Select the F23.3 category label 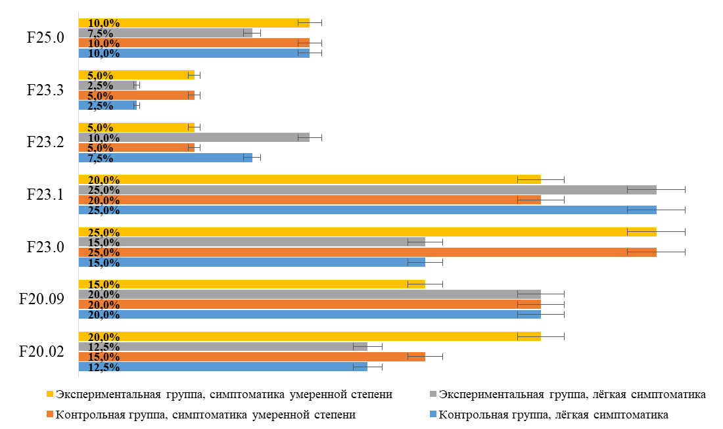[45, 90]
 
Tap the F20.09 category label [41, 300]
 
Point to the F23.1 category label [45, 194]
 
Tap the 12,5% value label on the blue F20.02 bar [104, 367]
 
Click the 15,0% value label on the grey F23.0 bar [104, 242]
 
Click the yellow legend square [50, 395]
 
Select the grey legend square [432, 395]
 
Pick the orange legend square [50, 415]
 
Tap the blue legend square [432, 415]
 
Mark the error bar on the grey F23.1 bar [656, 189]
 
